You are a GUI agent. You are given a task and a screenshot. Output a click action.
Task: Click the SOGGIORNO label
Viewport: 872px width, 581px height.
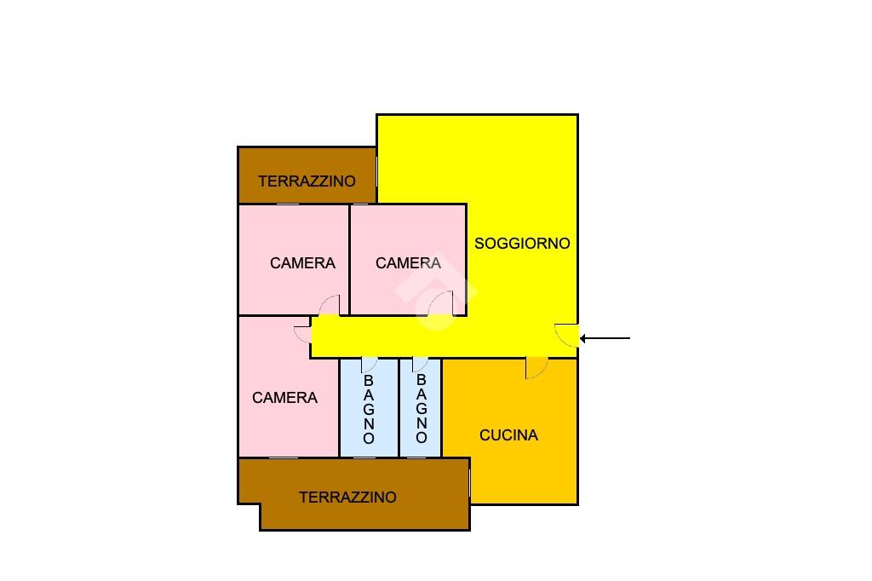(522, 243)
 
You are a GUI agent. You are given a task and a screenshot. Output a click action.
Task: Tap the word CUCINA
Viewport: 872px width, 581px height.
(508, 435)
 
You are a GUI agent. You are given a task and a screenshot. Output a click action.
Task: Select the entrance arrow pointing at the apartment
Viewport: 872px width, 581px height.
(605, 338)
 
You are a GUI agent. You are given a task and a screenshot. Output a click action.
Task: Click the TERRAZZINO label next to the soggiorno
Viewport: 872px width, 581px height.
(307, 181)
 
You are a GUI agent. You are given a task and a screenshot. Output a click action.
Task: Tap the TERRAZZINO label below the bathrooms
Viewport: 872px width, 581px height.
(347, 497)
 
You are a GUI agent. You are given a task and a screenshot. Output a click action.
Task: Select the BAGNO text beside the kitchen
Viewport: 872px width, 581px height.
(422, 408)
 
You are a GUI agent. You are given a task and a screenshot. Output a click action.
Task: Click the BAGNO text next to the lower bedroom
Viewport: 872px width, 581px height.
(369, 409)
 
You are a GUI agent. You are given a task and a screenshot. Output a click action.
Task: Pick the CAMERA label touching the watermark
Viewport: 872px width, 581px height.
(408, 262)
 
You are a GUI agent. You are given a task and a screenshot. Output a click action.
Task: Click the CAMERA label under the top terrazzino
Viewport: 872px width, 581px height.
(302, 262)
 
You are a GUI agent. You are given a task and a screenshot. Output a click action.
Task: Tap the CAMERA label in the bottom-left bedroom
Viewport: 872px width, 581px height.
(284, 397)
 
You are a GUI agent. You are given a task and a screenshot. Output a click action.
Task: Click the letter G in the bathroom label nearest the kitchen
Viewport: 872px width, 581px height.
(422, 408)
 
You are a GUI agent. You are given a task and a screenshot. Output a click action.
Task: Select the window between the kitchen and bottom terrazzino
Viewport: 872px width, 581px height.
(470, 482)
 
